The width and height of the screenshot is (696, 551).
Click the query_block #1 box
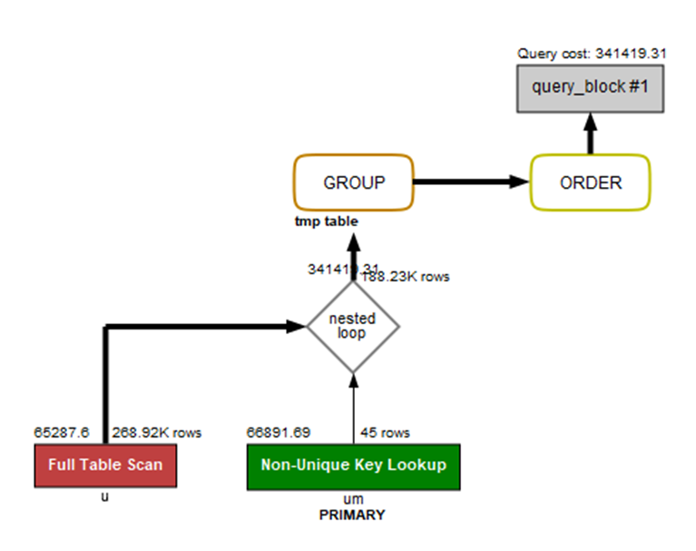590,88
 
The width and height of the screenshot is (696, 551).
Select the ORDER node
590,182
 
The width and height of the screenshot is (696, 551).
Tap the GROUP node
354,182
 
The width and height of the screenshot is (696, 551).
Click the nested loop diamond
353,326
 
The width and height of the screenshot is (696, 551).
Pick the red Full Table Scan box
106,466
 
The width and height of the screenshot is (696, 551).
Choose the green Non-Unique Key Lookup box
353,466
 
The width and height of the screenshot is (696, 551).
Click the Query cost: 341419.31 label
592,54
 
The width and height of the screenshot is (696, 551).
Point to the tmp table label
326,221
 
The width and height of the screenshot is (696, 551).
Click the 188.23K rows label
406,277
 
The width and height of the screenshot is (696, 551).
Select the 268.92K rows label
156,433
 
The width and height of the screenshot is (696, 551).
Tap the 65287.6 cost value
62,433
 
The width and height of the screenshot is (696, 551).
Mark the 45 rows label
385,433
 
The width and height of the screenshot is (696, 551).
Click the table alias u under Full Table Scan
105,498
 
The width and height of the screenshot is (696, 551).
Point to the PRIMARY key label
353,516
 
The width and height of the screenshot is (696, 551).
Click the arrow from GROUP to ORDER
472,182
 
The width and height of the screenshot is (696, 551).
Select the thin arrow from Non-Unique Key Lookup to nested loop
354,408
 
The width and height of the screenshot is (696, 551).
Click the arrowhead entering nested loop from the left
296,326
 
